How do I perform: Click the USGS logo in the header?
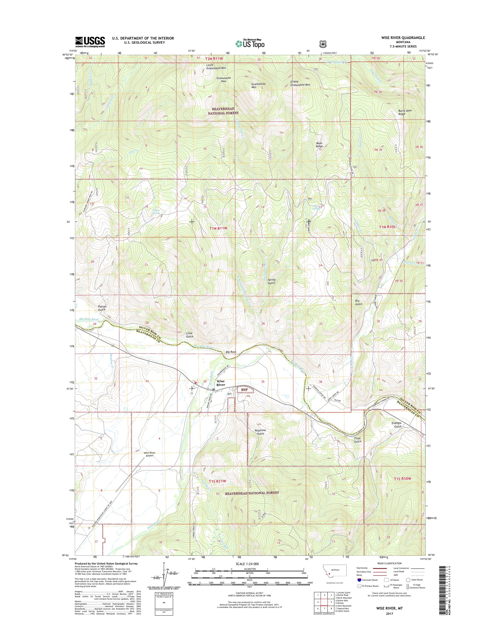pos(90,41)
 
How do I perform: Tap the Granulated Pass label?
pos(224,80)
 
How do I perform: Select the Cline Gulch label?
pos(190,335)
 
